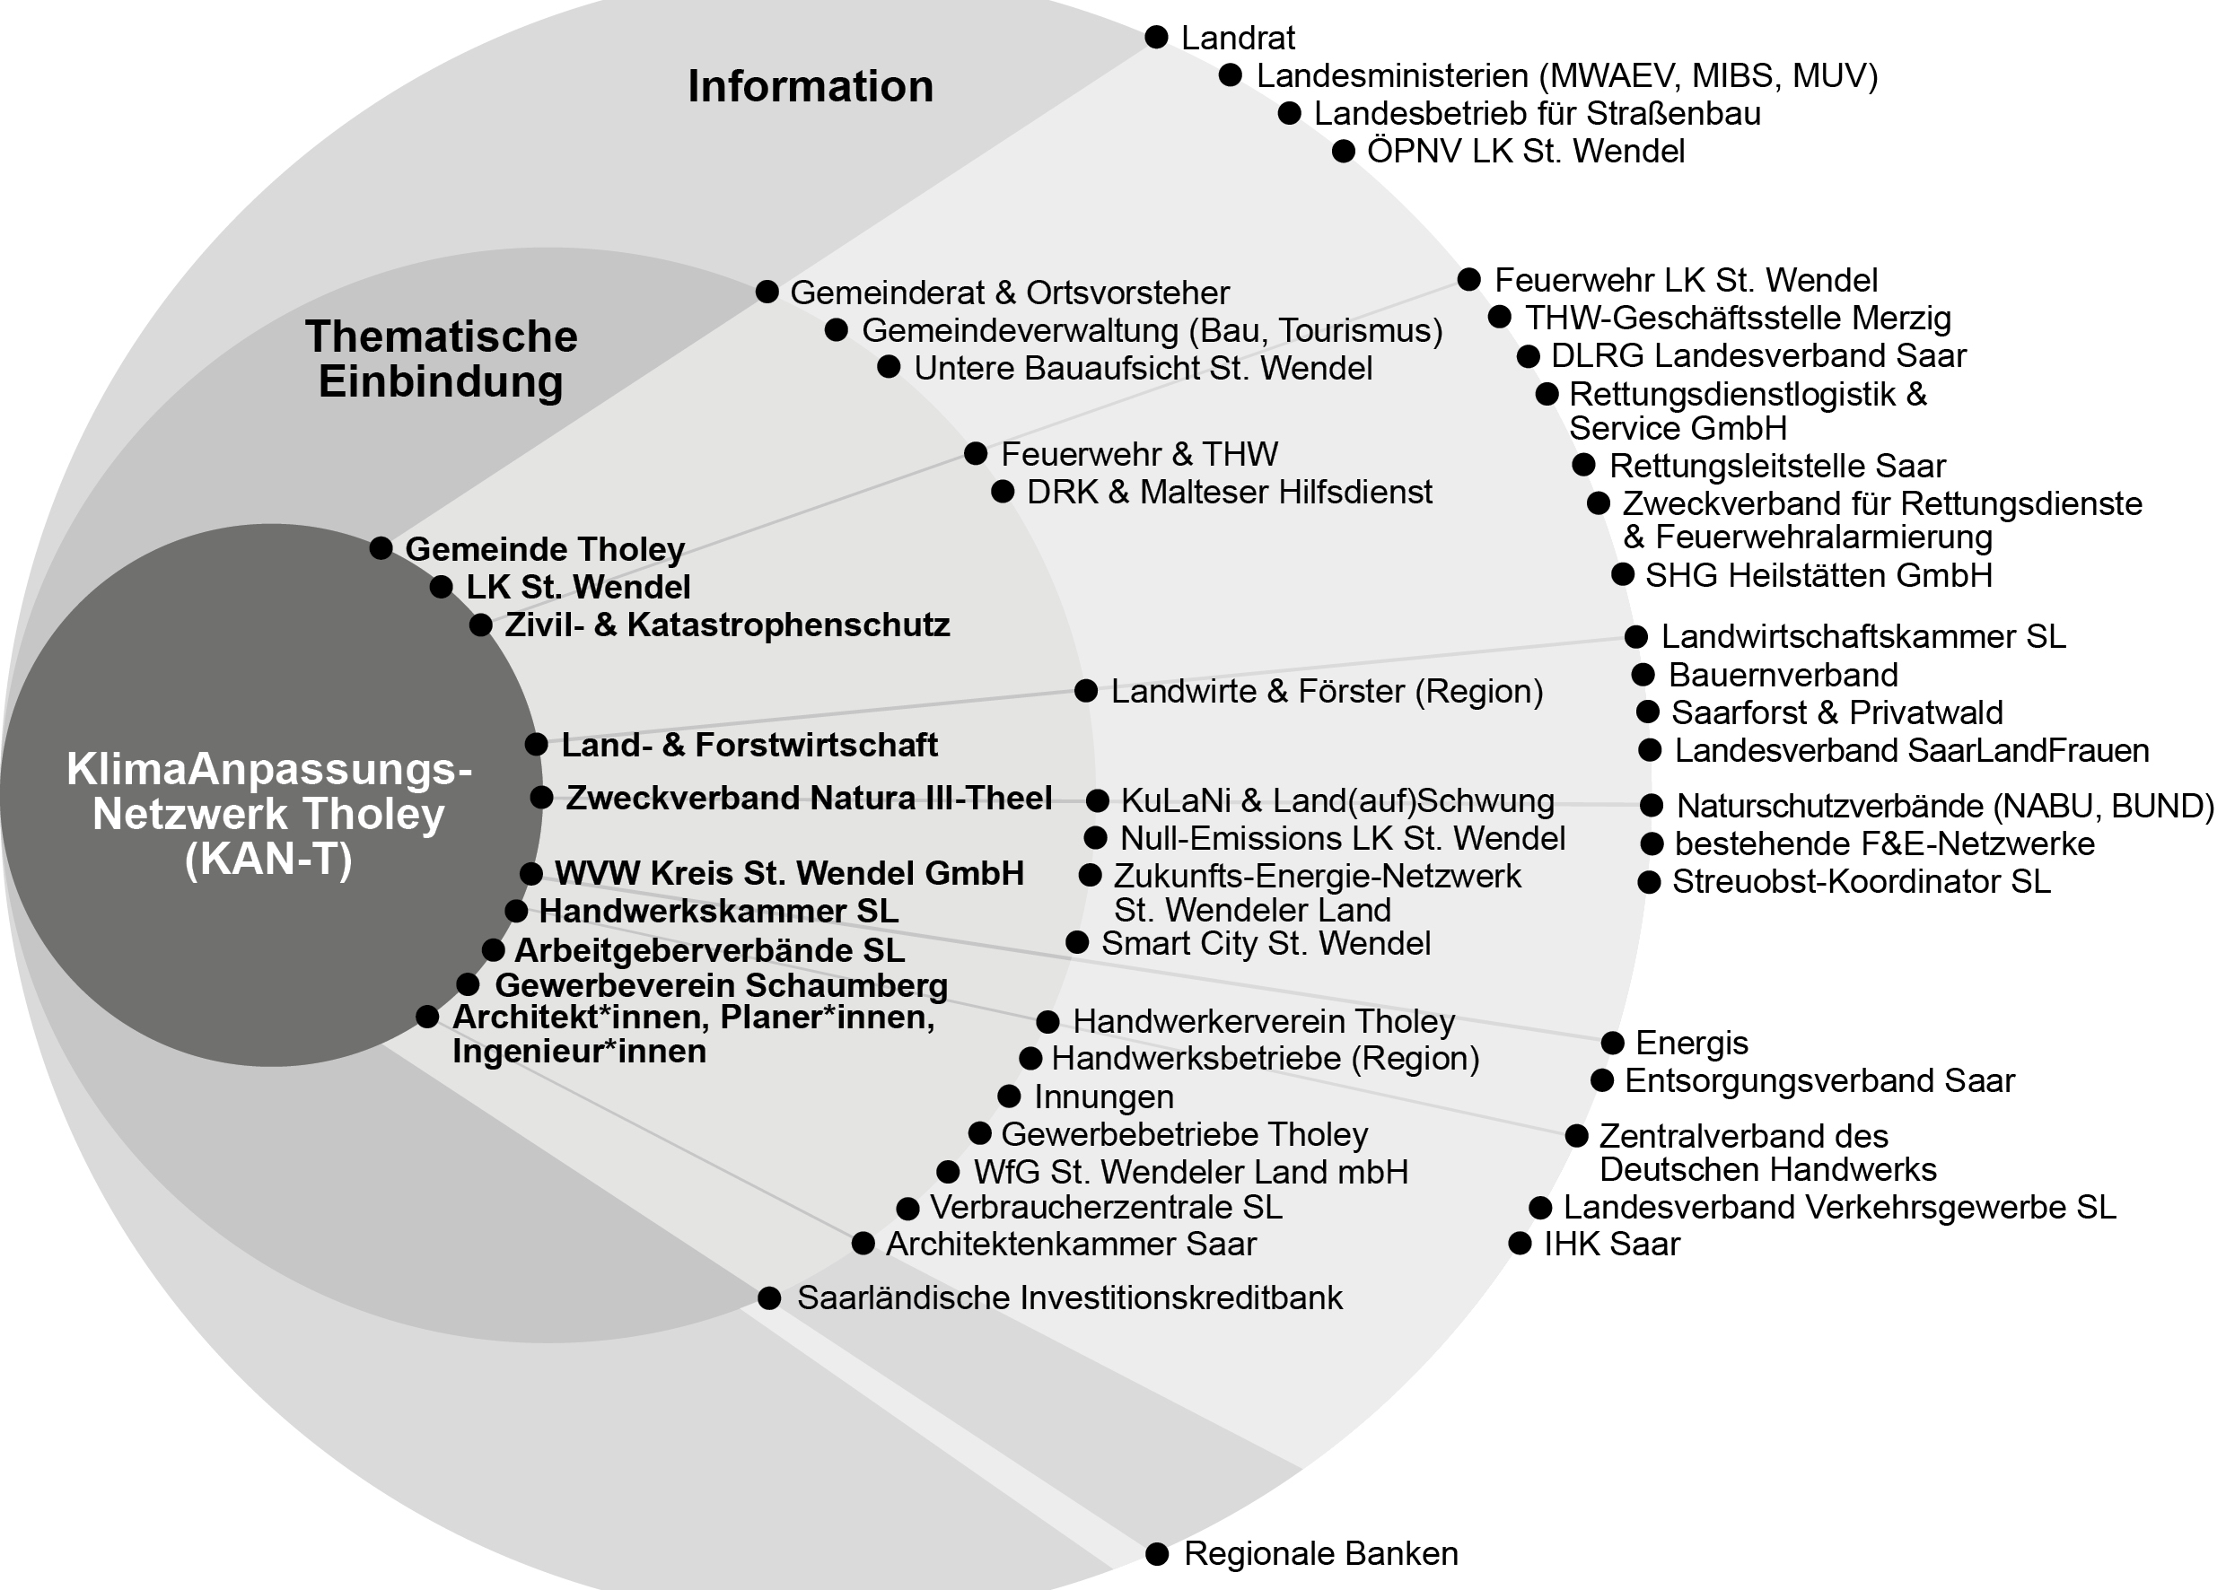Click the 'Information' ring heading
click(x=810, y=86)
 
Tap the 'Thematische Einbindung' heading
click(x=441, y=358)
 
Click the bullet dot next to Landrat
click(x=1157, y=37)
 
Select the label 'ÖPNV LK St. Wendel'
click(x=1525, y=152)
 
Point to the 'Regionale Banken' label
click(x=1320, y=1553)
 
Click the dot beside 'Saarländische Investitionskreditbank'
click(x=770, y=1298)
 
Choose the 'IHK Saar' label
click(x=1611, y=1244)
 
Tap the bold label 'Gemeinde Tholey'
click(x=545, y=549)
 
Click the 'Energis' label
click(x=1691, y=1043)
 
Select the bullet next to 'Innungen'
click(x=1010, y=1096)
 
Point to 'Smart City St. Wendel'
click(x=1266, y=943)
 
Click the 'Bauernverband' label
click(x=1783, y=675)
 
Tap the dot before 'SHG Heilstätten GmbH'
click(x=1623, y=574)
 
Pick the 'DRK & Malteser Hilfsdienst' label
click(x=1229, y=492)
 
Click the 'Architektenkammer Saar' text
click(x=1071, y=1244)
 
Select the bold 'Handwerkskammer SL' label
click(x=718, y=912)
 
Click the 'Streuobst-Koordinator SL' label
click(x=1861, y=881)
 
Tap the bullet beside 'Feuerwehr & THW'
click(x=976, y=453)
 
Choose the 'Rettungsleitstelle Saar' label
click(x=1776, y=465)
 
